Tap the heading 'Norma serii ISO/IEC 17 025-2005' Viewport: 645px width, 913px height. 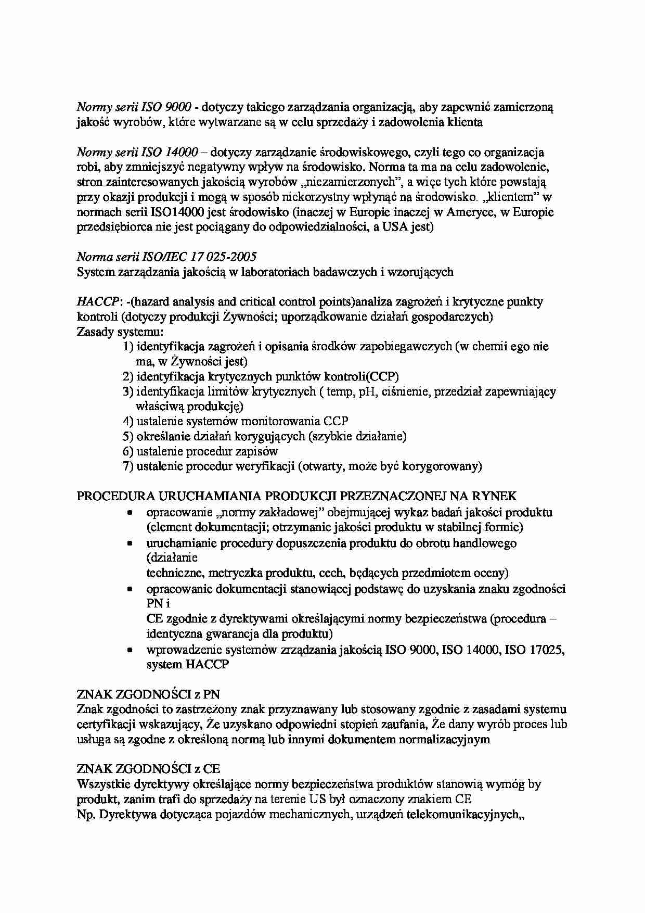pyautogui.click(x=166, y=257)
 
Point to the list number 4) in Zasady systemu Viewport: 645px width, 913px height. pyautogui.click(x=128, y=421)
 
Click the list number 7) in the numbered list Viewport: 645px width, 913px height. pyautogui.click(x=128, y=466)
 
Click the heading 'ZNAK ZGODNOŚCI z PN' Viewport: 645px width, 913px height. pyautogui.click(x=148, y=694)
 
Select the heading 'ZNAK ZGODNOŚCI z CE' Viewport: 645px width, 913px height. pyautogui.click(x=148, y=769)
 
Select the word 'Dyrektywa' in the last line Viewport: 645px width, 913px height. pyautogui.click(x=124, y=815)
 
